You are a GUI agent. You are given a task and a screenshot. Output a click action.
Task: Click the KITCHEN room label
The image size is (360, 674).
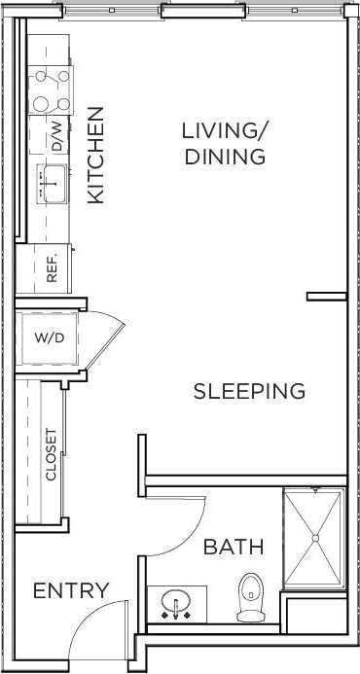(x=95, y=155)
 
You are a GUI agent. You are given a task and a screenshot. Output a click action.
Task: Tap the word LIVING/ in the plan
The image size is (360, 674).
(x=225, y=130)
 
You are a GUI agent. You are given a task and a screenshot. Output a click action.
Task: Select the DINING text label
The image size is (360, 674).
(x=225, y=157)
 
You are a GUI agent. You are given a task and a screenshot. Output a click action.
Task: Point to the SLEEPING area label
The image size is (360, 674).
(x=249, y=391)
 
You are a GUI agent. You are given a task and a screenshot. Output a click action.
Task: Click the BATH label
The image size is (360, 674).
(x=233, y=548)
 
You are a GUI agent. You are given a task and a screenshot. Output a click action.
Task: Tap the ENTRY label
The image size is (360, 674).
(x=71, y=590)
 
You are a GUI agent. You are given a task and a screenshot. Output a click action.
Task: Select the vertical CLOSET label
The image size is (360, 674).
(x=52, y=455)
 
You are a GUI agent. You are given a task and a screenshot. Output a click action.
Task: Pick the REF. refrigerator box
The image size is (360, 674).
(x=53, y=267)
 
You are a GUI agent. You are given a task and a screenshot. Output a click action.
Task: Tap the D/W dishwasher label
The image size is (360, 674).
(x=56, y=134)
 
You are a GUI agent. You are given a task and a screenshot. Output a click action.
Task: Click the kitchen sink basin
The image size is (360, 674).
(x=51, y=181)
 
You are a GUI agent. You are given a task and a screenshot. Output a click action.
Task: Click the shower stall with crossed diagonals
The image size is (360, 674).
(x=313, y=538)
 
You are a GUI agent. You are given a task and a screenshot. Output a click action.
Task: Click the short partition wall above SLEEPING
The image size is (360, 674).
(x=326, y=296)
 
